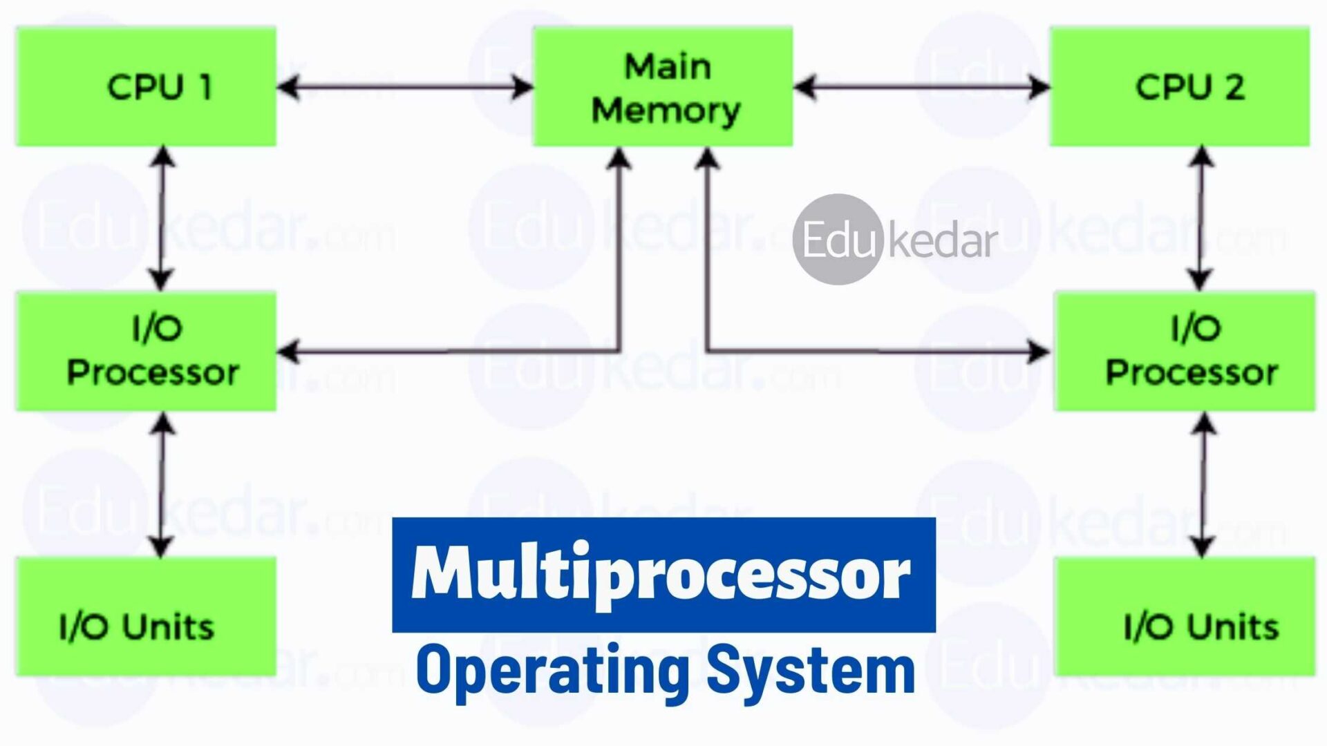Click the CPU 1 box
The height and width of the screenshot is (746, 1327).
pyautogui.click(x=145, y=86)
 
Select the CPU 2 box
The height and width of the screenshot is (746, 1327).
pyautogui.click(x=1179, y=86)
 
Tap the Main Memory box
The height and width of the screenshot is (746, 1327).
pyautogui.click(x=663, y=86)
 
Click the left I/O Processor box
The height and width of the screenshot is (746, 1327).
pyautogui.click(x=145, y=352)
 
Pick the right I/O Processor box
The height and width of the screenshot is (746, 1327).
pyautogui.click(x=1184, y=352)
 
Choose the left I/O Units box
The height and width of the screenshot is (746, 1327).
pyautogui.click(x=145, y=617)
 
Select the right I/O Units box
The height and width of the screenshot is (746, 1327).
pyautogui.click(x=1184, y=617)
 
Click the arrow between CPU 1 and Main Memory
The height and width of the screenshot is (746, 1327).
pyautogui.click(x=405, y=88)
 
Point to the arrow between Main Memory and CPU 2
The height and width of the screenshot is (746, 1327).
pyautogui.click(x=921, y=88)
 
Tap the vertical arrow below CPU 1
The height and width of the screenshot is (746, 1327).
pyautogui.click(x=162, y=218)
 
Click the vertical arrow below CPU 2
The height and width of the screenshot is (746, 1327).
pyautogui.click(x=1201, y=218)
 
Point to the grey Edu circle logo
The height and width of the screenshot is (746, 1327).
pyautogui.click(x=838, y=239)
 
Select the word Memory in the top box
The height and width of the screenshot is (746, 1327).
pyautogui.click(x=666, y=111)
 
